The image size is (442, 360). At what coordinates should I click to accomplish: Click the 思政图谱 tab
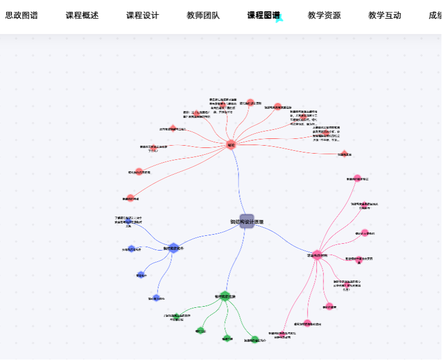[x=22, y=16]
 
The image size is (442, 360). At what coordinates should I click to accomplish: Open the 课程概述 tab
[x=82, y=16]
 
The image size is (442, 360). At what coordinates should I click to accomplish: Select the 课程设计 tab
[x=142, y=16]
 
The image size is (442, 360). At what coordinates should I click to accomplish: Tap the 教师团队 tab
[x=203, y=16]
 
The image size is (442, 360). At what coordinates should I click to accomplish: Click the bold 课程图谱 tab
[x=263, y=16]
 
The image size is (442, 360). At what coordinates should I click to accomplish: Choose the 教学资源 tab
[x=324, y=16]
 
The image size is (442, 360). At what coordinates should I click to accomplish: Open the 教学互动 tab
[x=384, y=16]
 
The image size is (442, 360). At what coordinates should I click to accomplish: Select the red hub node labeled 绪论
[x=231, y=145]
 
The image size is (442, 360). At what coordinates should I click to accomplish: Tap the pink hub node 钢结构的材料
[x=317, y=255]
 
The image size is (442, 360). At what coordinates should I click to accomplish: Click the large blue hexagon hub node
[x=173, y=248]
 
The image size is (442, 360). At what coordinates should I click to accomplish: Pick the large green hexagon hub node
[x=225, y=296]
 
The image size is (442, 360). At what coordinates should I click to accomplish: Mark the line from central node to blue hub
[x=210, y=234]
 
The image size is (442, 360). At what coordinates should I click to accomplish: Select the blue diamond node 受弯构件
[x=141, y=275]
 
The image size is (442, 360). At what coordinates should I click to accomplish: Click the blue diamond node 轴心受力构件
[x=156, y=298]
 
